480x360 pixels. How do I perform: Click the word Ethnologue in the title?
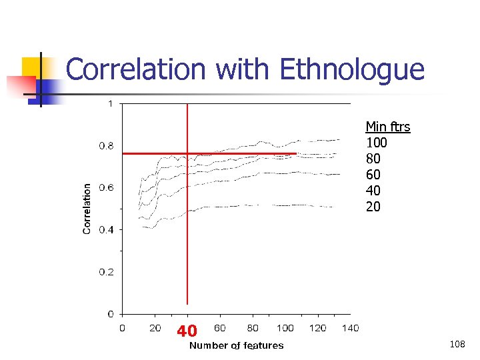(x=352, y=70)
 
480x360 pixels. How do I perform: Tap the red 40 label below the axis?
(x=187, y=331)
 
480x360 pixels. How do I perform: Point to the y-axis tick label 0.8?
(x=106, y=145)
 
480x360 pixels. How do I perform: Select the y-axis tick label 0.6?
(x=106, y=187)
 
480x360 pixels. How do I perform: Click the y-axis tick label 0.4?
(x=106, y=229)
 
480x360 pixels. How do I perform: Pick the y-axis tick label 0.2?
(x=106, y=272)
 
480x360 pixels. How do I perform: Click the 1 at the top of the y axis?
(x=110, y=103)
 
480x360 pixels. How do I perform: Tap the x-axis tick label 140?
(x=350, y=327)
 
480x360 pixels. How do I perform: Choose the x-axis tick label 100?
(x=285, y=327)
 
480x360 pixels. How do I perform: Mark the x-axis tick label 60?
(x=219, y=327)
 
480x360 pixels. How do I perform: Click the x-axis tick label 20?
(x=155, y=327)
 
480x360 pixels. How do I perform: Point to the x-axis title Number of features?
(x=236, y=345)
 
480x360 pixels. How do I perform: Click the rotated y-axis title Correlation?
(x=87, y=209)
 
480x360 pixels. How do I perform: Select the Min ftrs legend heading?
(x=387, y=126)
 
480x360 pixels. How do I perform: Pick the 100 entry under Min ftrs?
(x=377, y=143)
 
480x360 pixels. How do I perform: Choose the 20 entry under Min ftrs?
(x=373, y=207)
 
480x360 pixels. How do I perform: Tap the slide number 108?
(x=457, y=344)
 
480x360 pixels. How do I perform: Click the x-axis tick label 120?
(x=317, y=327)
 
